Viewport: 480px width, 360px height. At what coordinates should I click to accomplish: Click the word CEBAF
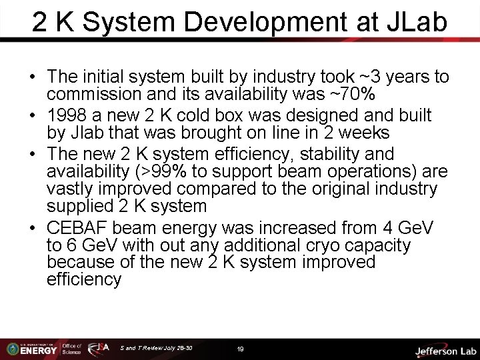tap(77, 229)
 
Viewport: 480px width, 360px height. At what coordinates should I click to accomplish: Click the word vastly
tap(71, 189)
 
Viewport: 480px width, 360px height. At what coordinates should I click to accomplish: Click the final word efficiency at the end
tap(84, 279)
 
